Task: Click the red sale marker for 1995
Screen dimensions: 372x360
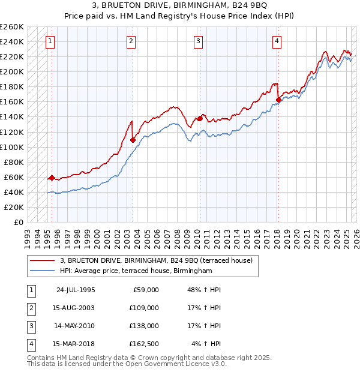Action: pos(52,178)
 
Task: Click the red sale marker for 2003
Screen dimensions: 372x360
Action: pos(133,140)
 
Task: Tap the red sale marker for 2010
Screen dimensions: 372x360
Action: pos(199,118)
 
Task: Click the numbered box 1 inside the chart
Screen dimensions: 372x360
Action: pos(49,41)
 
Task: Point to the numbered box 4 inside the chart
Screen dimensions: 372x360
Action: pos(277,41)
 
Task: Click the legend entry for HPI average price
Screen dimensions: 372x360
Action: pos(136,271)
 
